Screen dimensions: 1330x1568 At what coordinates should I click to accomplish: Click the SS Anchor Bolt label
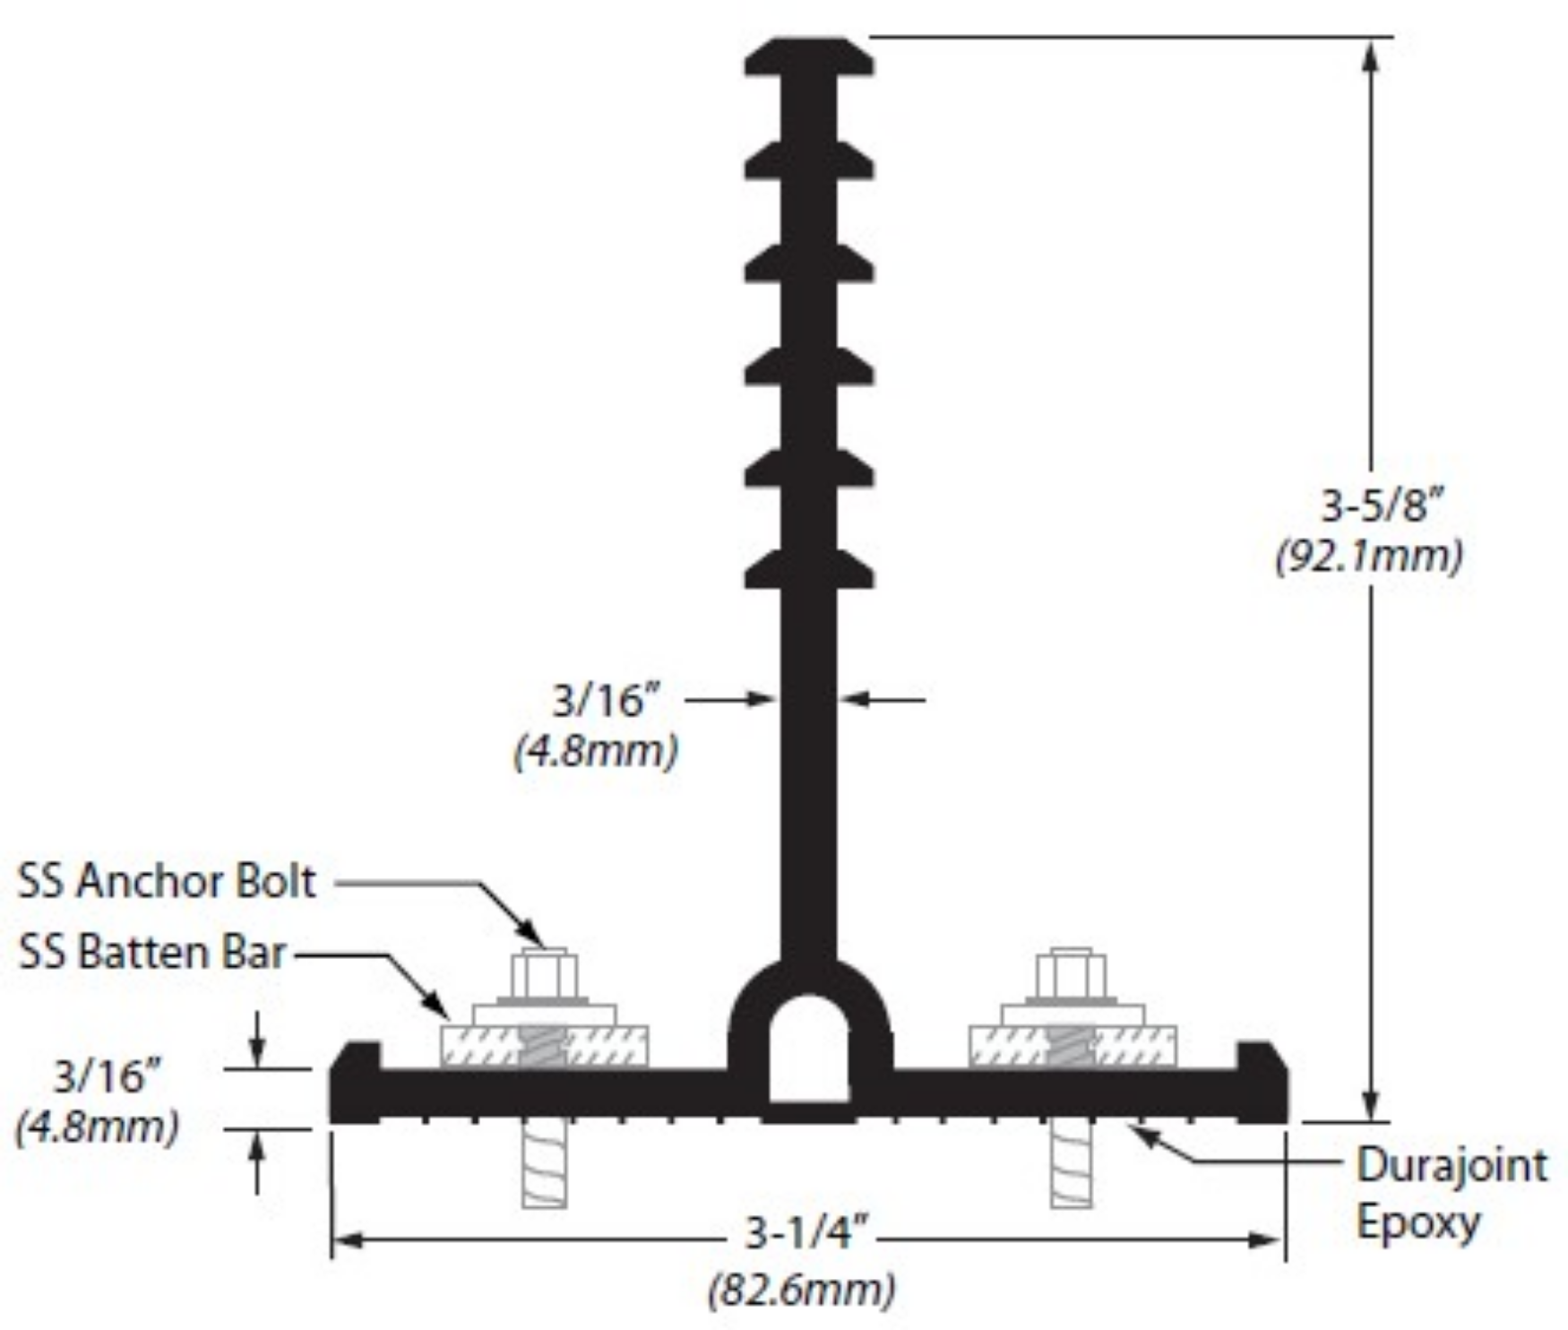coord(167,882)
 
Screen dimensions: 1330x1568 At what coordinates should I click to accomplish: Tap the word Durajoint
coord(1451,1166)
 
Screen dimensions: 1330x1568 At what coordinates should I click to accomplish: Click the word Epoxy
coord(1417,1223)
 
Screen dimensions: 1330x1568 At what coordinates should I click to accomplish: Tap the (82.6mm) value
coord(802,1291)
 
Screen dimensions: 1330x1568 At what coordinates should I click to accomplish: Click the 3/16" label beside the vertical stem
coord(606,700)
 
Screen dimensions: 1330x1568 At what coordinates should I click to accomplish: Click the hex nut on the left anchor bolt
coord(544,974)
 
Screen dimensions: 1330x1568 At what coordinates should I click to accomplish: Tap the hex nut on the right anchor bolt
coord(1072,974)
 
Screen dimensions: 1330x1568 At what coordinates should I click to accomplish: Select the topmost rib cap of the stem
coord(809,56)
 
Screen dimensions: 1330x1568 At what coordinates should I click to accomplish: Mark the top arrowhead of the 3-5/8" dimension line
coord(1370,54)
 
